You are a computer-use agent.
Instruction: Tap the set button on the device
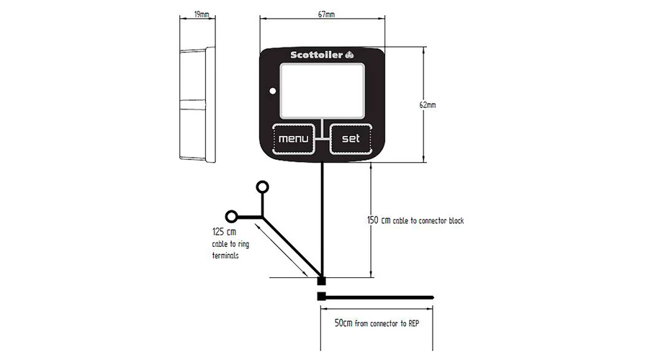(x=351, y=139)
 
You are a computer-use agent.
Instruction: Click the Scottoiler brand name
(x=317, y=55)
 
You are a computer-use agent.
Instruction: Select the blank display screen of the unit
(x=323, y=91)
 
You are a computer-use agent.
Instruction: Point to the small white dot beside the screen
(x=273, y=91)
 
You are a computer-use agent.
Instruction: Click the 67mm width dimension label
(x=326, y=14)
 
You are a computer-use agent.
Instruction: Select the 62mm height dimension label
(x=427, y=105)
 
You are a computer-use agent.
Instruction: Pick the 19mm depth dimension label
(x=202, y=14)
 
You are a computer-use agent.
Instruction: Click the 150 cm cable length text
(x=379, y=220)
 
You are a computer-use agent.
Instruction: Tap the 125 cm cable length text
(x=225, y=232)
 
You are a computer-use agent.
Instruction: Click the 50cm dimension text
(x=343, y=323)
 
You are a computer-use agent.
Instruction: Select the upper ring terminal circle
(x=262, y=187)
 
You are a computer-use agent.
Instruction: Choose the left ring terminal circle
(x=231, y=216)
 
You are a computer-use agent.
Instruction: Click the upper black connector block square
(x=321, y=281)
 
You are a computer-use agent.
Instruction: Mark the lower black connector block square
(x=321, y=297)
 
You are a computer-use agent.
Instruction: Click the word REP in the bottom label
(x=414, y=323)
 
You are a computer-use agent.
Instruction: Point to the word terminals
(x=225, y=256)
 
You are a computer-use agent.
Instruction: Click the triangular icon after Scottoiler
(x=350, y=55)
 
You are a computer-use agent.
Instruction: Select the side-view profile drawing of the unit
(x=197, y=104)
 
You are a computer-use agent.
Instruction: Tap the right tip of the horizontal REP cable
(x=433, y=297)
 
